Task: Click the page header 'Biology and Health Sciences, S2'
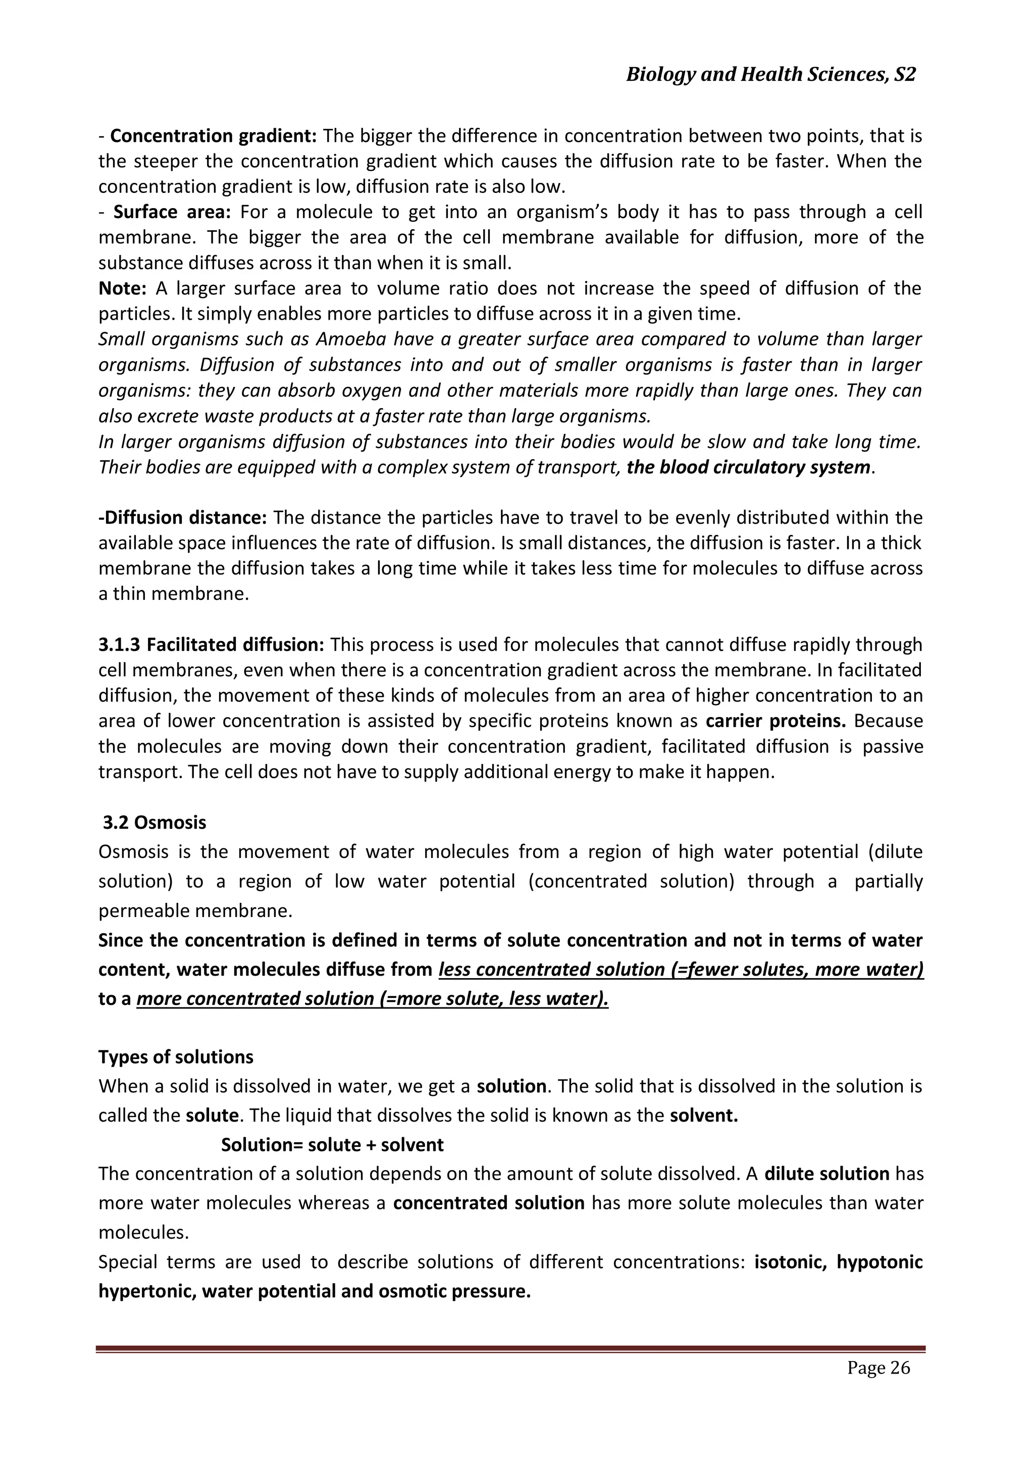[770, 75]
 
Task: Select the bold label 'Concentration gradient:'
[213, 136]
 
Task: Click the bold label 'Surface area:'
[171, 212]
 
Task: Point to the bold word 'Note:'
[122, 288]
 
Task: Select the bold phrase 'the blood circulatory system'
[748, 467]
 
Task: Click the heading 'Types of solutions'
[176, 1057]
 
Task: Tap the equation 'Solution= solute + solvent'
[332, 1145]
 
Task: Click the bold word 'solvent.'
[703, 1116]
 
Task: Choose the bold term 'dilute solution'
[826, 1174]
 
